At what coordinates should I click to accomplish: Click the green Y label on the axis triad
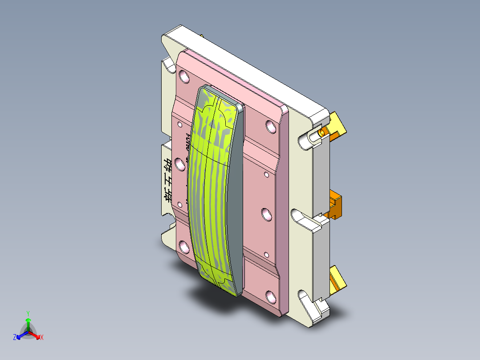(28, 313)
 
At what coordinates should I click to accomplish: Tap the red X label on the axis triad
(42, 338)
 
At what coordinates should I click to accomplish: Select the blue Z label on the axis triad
(15, 338)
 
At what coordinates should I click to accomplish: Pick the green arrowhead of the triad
(28, 320)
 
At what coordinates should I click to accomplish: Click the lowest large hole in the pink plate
(270, 296)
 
